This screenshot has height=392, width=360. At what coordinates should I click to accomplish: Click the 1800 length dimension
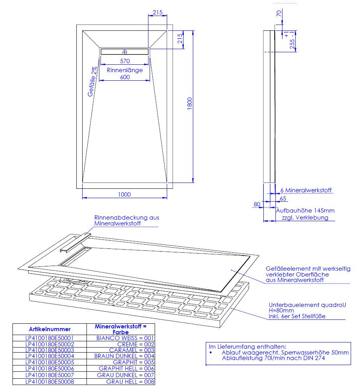coord(189,103)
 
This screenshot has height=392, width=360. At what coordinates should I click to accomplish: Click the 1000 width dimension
coord(124,194)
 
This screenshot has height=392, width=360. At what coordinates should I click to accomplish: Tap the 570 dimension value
coord(125,61)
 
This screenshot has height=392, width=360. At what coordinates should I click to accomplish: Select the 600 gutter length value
coord(125,77)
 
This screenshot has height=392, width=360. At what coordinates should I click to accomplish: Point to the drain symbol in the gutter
coord(125,52)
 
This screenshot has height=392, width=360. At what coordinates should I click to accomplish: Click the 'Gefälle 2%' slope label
coord(92,82)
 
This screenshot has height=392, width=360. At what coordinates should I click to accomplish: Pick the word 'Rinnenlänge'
coord(125,70)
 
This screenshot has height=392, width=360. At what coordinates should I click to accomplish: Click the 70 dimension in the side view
coord(279,13)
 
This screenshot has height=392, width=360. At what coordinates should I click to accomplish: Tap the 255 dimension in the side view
coord(292,44)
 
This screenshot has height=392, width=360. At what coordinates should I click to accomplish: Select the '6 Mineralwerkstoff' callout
coord(306,190)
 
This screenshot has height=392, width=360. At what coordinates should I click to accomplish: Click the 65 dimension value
coord(283,199)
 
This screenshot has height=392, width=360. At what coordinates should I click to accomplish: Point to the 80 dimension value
coord(257,204)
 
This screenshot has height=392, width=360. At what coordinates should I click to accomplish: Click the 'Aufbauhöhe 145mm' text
coord(305,211)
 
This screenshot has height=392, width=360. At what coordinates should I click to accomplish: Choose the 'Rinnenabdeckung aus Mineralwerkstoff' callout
coord(127,220)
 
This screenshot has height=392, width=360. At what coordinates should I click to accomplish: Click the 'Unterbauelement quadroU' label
coord(307,305)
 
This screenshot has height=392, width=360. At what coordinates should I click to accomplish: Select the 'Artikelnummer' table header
coord(50,329)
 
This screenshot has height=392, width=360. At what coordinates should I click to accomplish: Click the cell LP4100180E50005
coord(50,362)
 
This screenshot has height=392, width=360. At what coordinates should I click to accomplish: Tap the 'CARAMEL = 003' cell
coord(132,350)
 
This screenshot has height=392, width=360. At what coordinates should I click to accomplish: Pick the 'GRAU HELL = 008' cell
coord(130,382)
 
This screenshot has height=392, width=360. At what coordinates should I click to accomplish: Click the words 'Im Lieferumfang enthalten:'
coord(247,347)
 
